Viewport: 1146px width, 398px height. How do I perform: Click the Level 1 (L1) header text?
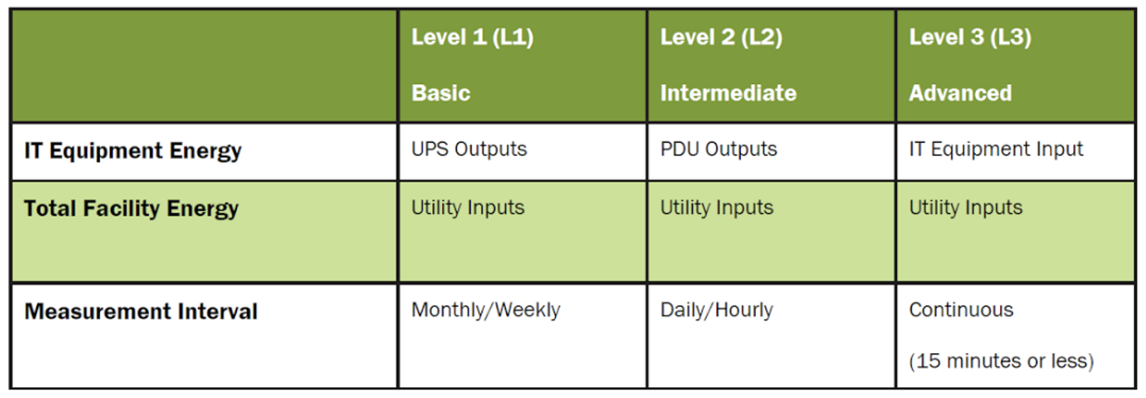click(472, 37)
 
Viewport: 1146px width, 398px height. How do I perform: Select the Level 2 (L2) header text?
click(721, 37)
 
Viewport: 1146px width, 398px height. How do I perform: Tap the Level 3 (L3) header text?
click(970, 37)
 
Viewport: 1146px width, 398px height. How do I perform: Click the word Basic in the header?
click(441, 93)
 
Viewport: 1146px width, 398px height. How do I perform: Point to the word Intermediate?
click(728, 93)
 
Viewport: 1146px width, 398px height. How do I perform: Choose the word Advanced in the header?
click(960, 93)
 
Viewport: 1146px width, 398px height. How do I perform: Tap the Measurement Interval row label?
click(141, 311)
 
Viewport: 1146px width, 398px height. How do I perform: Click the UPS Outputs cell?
click(469, 149)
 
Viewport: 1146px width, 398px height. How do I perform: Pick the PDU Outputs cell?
click(719, 149)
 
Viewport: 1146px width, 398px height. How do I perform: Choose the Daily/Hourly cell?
click(717, 310)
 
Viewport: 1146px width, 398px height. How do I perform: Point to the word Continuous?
click(961, 310)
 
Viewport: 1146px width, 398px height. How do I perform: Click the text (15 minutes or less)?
click(1002, 361)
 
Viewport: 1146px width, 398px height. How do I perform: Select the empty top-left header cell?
click(204, 65)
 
